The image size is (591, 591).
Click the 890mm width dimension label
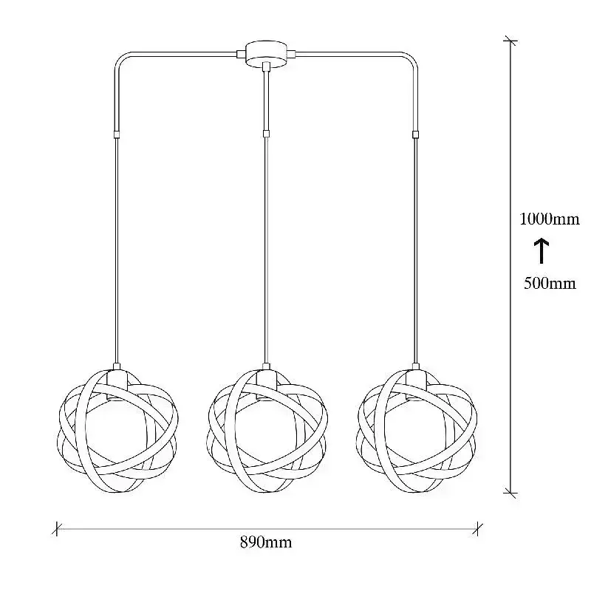pos(266,543)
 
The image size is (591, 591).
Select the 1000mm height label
pos(550,219)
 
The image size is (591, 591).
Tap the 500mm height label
pos(550,283)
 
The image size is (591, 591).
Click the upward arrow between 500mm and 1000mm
pos(542,250)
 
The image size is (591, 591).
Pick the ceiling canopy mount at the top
pos(266,54)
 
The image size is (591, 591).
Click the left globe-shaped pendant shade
pos(117,431)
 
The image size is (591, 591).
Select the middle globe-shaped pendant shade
pos(267,431)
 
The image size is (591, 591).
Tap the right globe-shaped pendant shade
pos(417,431)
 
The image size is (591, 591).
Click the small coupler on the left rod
pos(117,134)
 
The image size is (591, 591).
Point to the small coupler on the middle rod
pos(266,134)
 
